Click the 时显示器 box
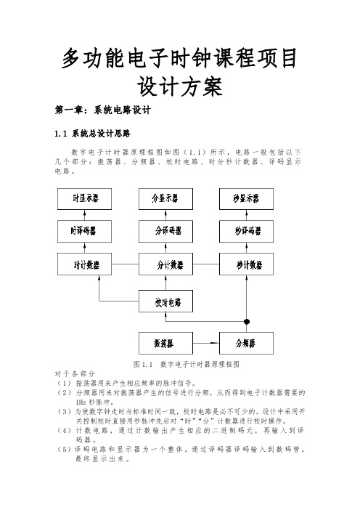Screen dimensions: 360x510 [84, 199]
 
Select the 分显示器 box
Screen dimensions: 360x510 [165, 199]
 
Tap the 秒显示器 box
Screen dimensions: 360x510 [246, 199]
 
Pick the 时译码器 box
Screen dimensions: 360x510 [84, 231]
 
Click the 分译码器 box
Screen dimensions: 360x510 [165, 231]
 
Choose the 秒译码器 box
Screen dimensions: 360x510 [246, 231]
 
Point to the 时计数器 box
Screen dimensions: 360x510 [84, 264]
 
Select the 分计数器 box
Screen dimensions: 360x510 [165, 264]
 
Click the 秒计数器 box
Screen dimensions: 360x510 [246, 264]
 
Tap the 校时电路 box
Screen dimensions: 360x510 [165, 301]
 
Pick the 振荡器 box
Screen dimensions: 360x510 [165, 343]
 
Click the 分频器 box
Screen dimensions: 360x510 [246, 343]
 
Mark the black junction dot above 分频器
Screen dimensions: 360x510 [247, 322]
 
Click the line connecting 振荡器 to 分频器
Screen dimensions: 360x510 [206, 343]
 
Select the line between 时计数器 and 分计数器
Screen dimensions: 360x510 [125, 264]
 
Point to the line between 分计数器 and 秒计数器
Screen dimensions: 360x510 [206, 264]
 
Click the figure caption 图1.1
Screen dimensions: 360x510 [143, 364]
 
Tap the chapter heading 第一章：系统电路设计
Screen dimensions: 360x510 [102, 110]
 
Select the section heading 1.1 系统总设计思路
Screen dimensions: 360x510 [93, 134]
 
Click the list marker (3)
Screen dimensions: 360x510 [64, 412]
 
